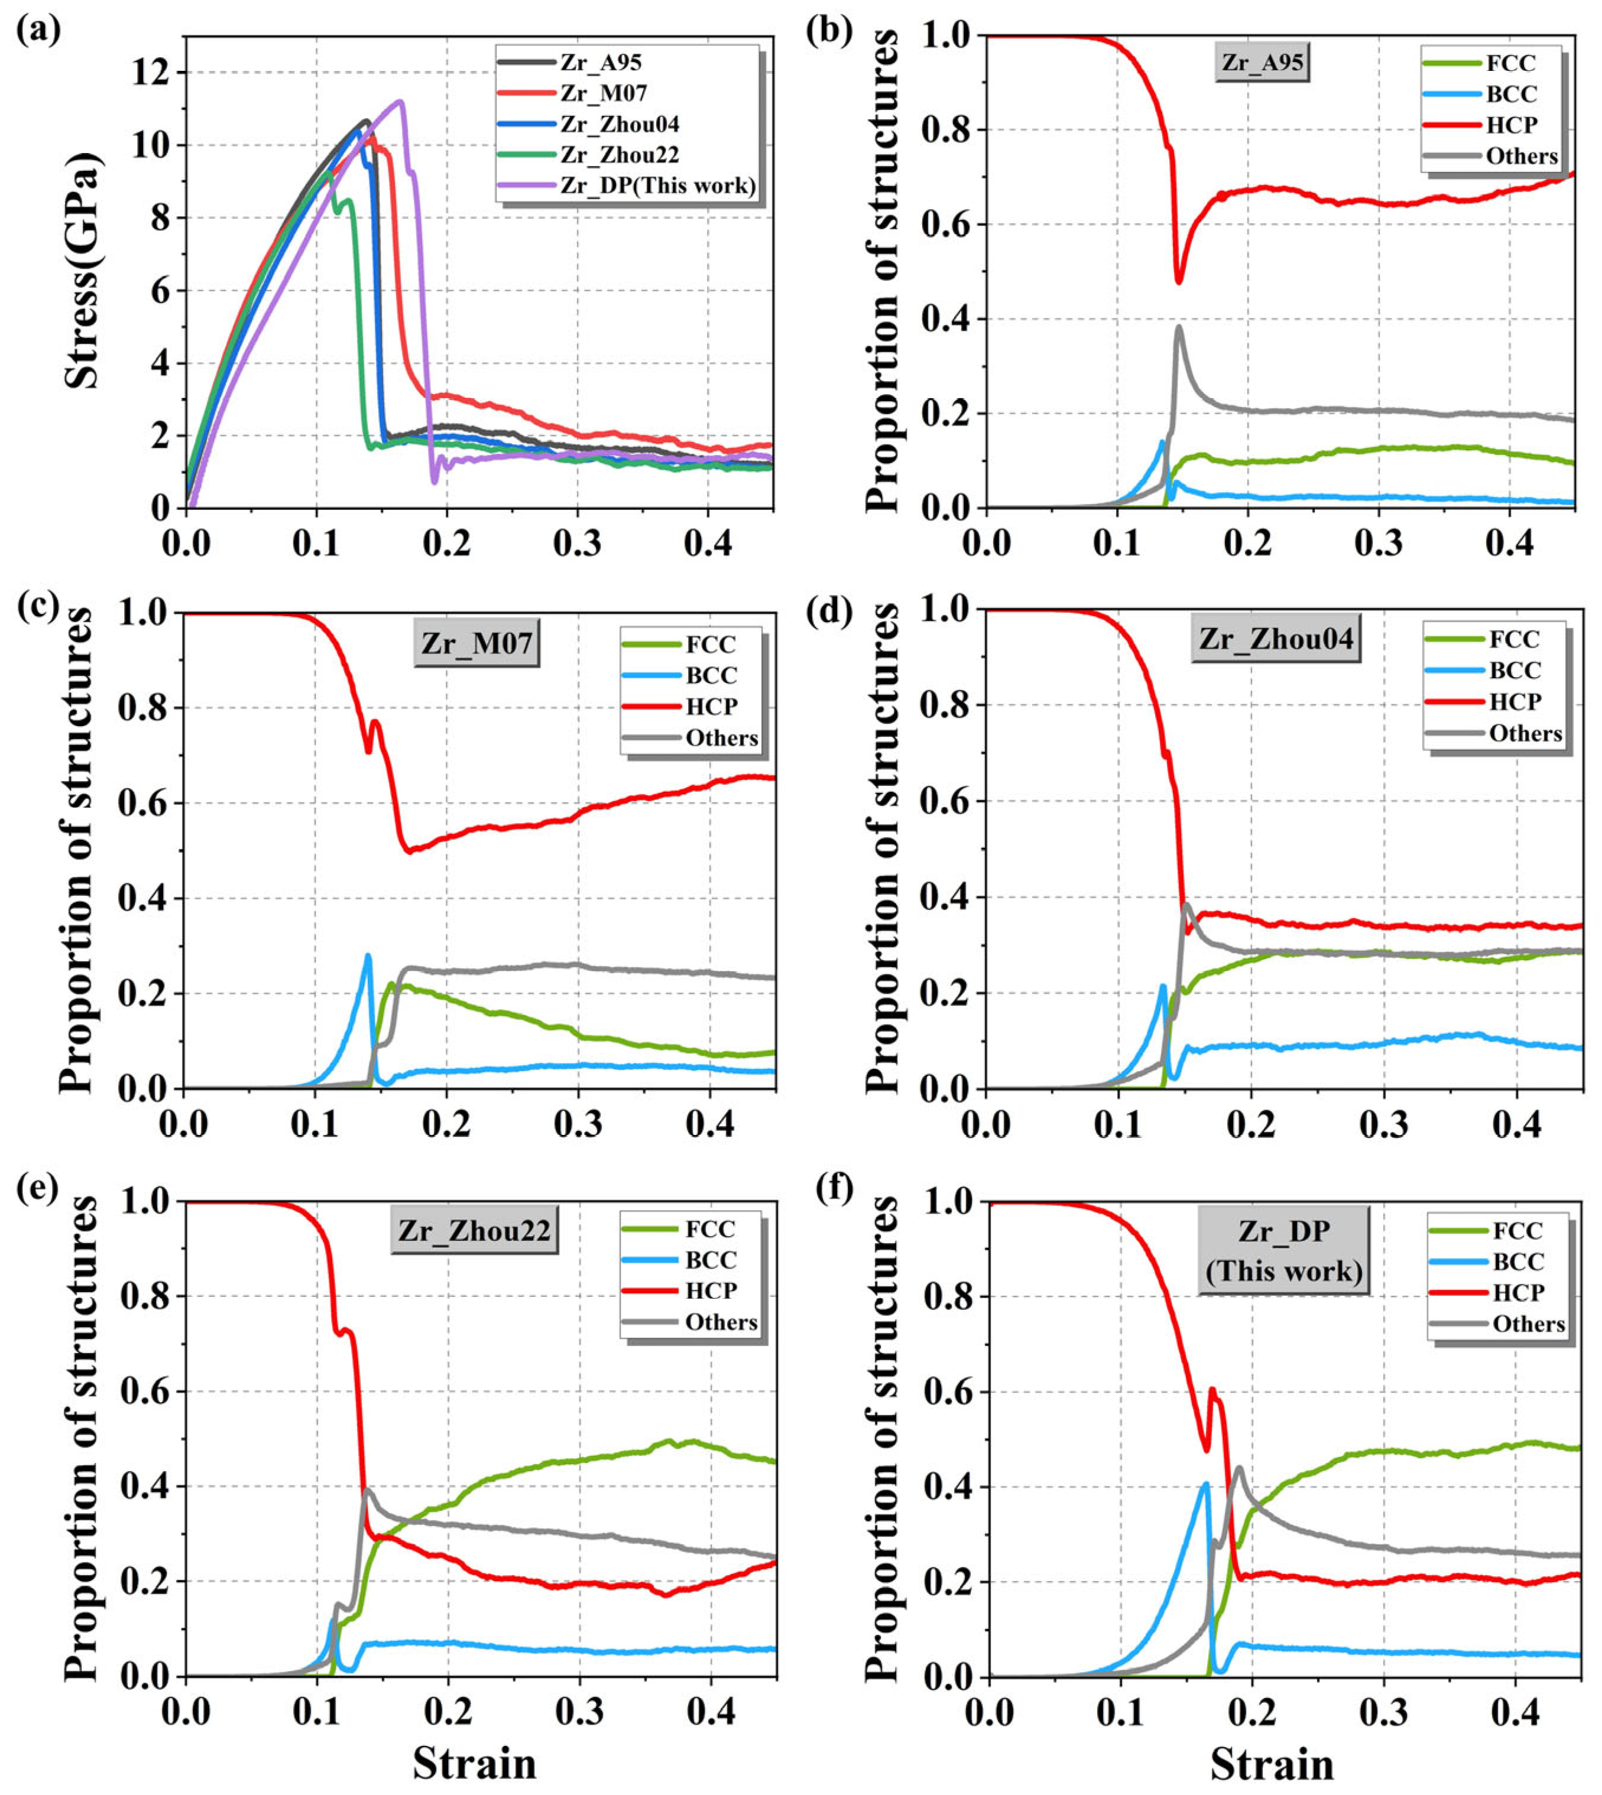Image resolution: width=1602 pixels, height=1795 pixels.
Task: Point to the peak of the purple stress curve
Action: coord(401,100)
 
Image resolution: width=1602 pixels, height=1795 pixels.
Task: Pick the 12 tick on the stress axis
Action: coord(151,73)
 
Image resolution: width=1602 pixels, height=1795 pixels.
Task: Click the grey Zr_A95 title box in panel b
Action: coord(1262,63)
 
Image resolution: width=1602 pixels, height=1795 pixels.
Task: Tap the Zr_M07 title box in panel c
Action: coord(476,643)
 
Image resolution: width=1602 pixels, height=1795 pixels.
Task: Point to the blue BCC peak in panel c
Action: coord(368,955)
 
